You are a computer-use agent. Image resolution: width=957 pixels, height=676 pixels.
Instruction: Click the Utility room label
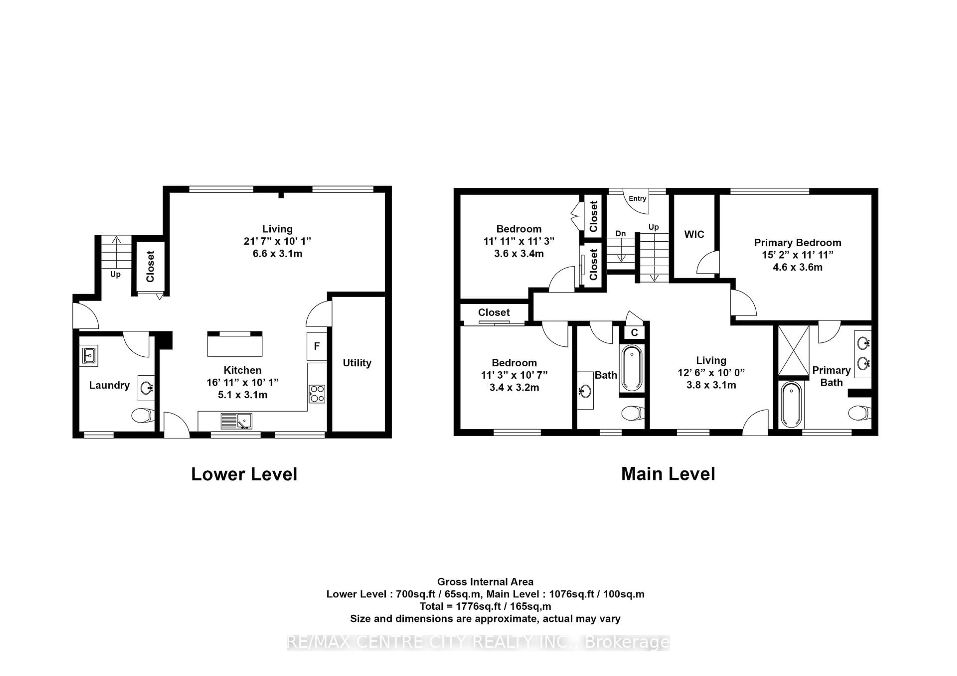[x=357, y=363]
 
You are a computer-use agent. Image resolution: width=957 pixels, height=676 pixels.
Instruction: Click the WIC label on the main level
[x=694, y=234]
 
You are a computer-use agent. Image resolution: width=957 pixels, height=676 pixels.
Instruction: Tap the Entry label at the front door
[x=637, y=199]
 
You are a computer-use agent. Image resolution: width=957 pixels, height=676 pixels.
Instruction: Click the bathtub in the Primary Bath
[x=791, y=405]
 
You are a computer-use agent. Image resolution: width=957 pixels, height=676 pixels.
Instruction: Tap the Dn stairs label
[x=621, y=234]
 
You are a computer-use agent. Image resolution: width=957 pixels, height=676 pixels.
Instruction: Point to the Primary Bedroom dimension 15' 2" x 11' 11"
[x=797, y=255]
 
